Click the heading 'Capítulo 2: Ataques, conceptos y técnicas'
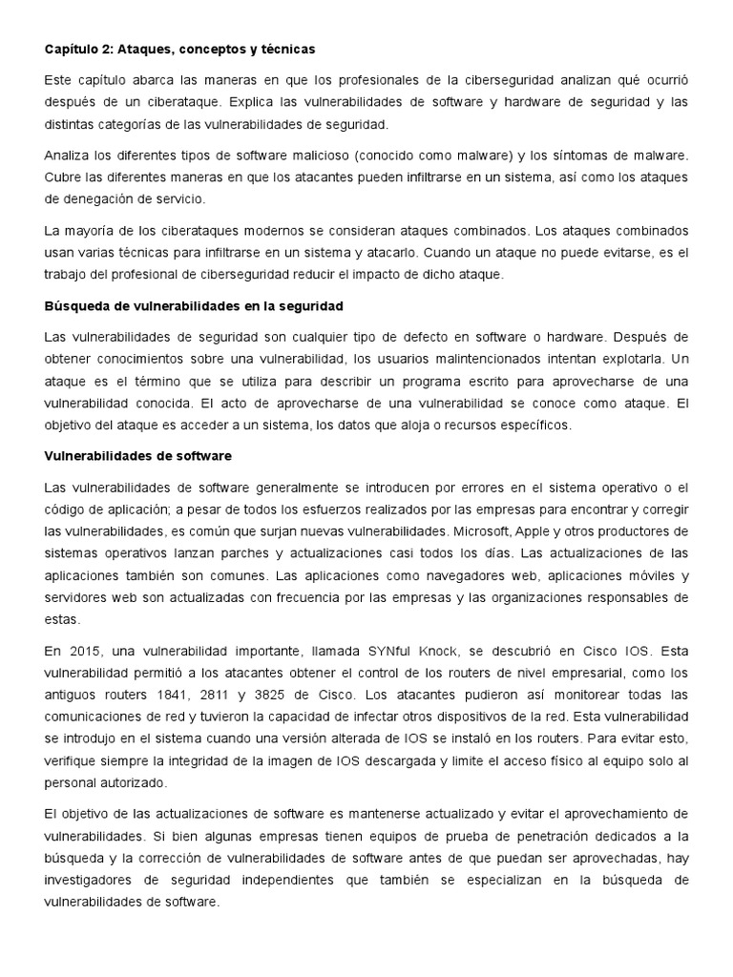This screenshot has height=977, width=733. coord(180,48)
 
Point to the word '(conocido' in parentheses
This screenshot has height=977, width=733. coord(403,155)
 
